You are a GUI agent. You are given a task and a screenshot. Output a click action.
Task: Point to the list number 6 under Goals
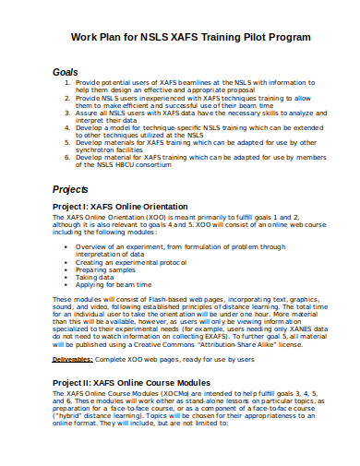[x=68, y=158]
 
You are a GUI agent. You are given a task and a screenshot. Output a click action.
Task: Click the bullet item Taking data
[x=98, y=276]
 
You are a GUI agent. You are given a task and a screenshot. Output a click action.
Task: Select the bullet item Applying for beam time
[x=115, y=284]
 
